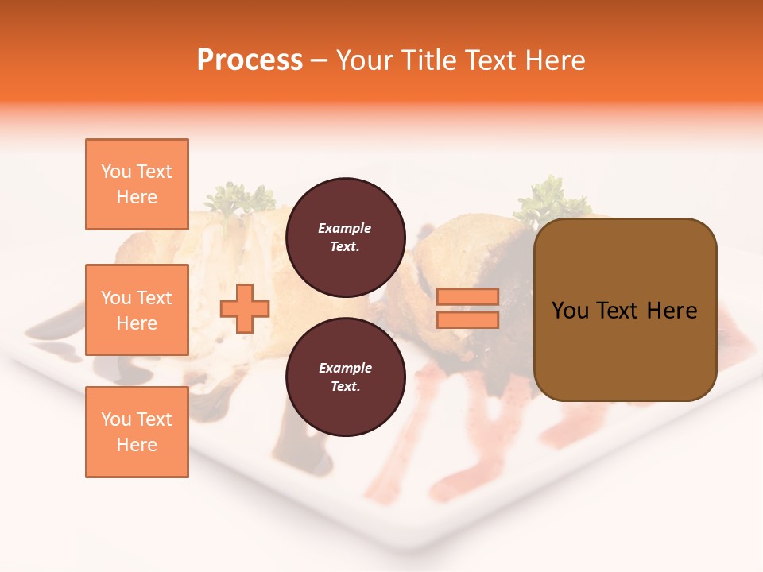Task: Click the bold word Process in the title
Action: [x=250, y=60]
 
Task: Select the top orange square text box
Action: [x=137, y=184]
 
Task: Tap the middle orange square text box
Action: [x=137, y=310]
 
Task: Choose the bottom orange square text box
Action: [x=137, y=432]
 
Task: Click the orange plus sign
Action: [x=245, y=308]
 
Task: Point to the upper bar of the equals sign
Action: [x=467, y=297]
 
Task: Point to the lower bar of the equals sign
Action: [x=467, y=320]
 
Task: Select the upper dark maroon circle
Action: [x=345, y=238]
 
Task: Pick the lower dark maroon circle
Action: [x=345, y=377]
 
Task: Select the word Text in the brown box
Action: [x=618, y=311]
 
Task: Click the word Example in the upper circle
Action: [x=345, y=228]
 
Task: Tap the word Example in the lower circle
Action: [x=345, y=368]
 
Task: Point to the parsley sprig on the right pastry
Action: [x=548, y=199]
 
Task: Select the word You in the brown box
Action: [x=570, y=311]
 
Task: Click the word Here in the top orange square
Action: [x=137, y=197]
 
